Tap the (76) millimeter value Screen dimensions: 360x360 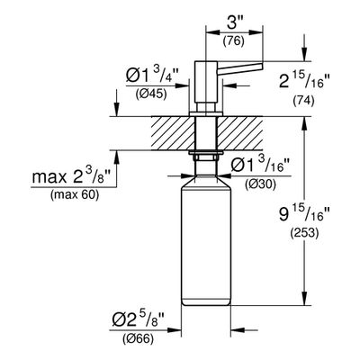point(233,41)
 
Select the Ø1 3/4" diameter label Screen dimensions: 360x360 point(152,76)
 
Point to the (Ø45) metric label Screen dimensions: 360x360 point(150,94)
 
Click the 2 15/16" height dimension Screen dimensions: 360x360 point(304,80)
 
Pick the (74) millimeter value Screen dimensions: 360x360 point(303,101)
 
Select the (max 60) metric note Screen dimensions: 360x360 point(75,195)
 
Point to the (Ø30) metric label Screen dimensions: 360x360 point(260,185)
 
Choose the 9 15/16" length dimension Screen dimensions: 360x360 point(304,215)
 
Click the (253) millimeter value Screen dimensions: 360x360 point(304,233)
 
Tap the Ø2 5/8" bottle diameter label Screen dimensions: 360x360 point(139,321)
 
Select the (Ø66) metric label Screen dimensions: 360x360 point(138,339)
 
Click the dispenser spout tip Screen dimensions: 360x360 point(262,66)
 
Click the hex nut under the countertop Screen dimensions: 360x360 point(205,157)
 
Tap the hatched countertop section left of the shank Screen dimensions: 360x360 point(172,133)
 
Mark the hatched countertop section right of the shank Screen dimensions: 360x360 point(239,133)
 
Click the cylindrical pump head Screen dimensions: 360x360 point(205,82)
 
